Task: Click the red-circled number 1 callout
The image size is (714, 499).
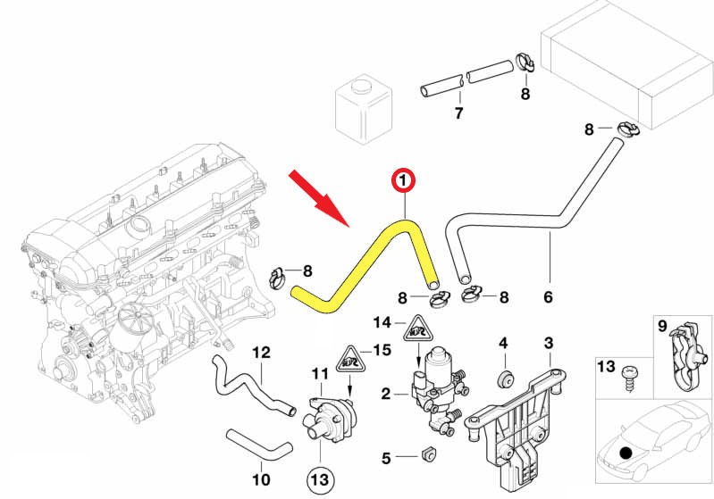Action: [403, 182]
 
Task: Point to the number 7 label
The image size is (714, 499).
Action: [458, 113]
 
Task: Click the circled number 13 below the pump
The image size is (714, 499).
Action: [320, 479]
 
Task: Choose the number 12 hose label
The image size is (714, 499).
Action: [261, 353]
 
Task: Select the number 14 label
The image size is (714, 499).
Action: [383, 322]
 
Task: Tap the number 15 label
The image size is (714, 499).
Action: [382, 350]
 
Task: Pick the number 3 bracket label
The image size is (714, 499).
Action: [549, 343]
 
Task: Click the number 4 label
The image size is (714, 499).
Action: [503, 343]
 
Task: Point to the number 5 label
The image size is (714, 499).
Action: [386, 459]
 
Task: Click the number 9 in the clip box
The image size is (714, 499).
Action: [662, 328]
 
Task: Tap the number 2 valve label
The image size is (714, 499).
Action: [385, 393]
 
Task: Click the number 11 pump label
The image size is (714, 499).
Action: [320, 372]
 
